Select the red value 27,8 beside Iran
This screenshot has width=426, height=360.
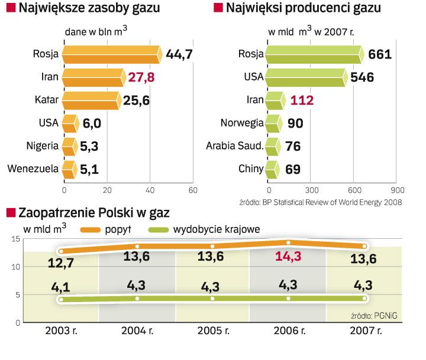(141, 77)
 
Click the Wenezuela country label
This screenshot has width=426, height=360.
(33, 169)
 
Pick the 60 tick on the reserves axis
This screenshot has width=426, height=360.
(192, 190)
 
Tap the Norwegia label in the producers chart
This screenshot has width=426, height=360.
(241, 123)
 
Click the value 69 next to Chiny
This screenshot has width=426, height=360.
(293, 169)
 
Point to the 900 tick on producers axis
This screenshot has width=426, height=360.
(397, 190)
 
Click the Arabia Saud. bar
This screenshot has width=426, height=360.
(273, 146)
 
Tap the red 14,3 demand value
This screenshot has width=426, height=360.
(288, 258)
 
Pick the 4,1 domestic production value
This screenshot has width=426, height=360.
(61, 288)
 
